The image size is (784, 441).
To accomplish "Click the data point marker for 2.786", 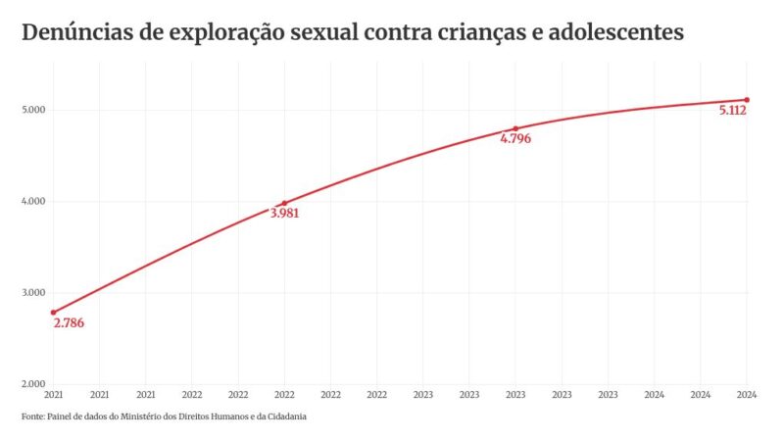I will [53, 313].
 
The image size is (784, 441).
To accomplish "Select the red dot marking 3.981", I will [284, 203].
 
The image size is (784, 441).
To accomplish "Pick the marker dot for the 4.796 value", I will [515, 128].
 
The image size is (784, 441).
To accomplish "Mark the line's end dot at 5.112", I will [747, 100].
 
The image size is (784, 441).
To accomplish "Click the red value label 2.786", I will [69, 324].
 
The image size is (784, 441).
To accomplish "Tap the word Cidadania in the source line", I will [285, 416].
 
